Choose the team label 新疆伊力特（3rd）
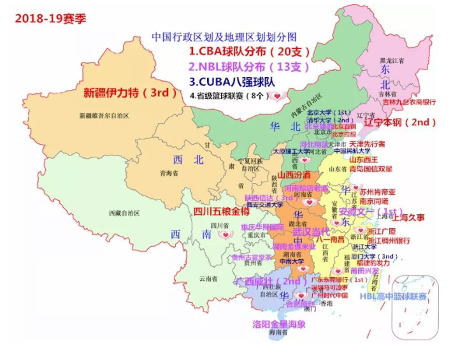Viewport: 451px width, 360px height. pos(129,93)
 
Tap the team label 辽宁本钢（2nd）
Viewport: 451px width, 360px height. pos(399,121)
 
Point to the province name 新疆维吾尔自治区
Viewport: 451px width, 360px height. pos(104,115)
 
